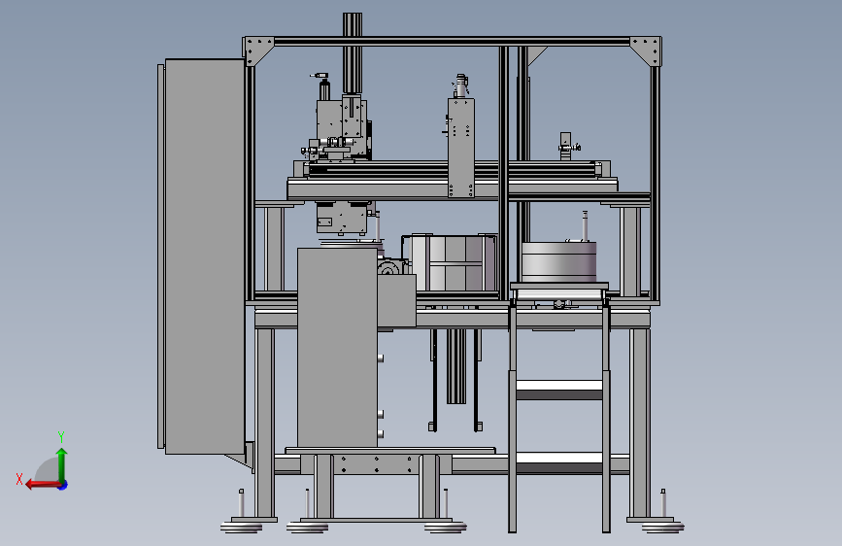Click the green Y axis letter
(61, 436)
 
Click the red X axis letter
(19, 479)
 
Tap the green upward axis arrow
(62, 465)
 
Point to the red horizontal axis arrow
(43, 485)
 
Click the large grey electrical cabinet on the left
(205, 256)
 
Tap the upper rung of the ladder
(559, 389)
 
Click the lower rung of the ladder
(559, 462)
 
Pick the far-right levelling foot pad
(662, 527)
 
